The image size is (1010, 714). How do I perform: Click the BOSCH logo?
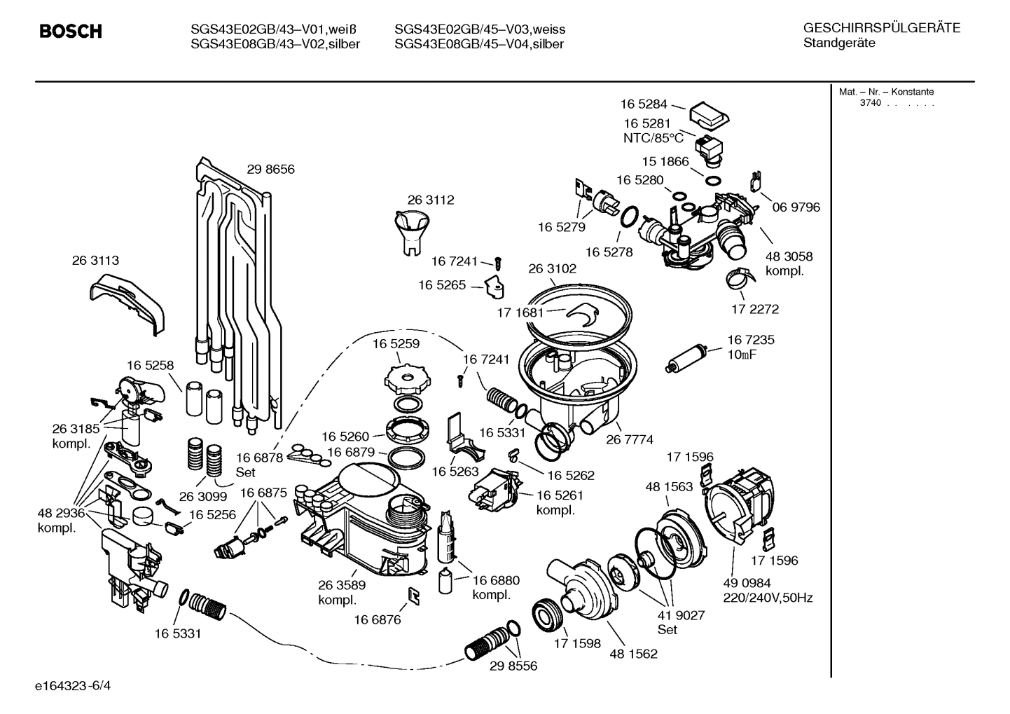click(x=71, y=32)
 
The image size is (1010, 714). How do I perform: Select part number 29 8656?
click(x=270, y=170)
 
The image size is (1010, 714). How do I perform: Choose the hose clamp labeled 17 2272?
click(x=740, y=280)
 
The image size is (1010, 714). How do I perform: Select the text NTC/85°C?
click(x=653, y=138)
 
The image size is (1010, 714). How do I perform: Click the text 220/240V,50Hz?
click(x=768, y=598)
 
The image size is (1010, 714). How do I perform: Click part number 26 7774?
click(x=630, y=439)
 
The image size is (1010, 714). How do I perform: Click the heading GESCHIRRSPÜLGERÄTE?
click(x=881, y=28)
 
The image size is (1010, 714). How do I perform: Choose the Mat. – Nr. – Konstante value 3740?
click(x=870, y=103)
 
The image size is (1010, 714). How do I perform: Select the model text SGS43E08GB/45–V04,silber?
click(x=479, y=44)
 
